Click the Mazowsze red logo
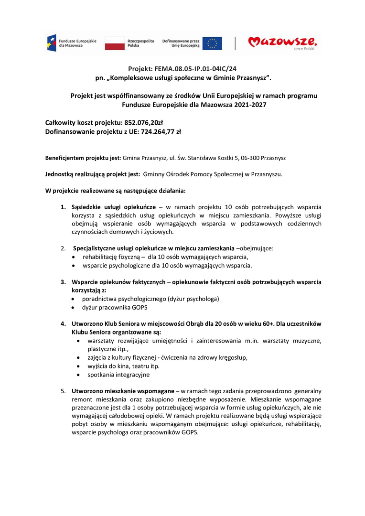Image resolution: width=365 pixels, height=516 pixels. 282,43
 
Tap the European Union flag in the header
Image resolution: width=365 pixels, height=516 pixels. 212,43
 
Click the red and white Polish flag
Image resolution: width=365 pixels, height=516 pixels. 114,43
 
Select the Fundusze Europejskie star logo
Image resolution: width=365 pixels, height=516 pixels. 52,43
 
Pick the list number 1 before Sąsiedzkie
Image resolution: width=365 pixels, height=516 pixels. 63,207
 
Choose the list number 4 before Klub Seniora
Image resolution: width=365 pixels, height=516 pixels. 63,323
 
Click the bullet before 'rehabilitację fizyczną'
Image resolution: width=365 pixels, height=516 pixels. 73,257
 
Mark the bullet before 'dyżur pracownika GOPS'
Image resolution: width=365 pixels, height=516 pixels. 73,307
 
